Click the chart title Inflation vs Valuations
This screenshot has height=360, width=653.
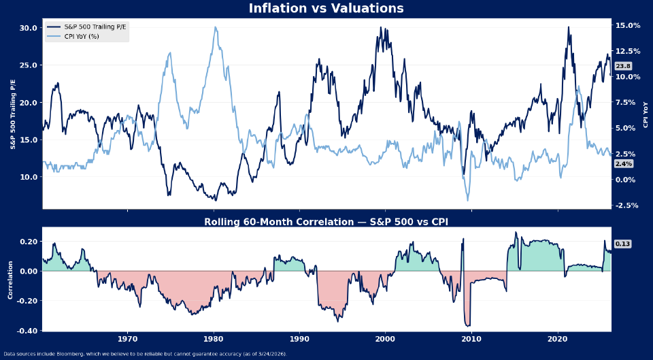[x=326, y=9]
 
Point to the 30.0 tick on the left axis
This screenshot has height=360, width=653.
[x=29, y=29]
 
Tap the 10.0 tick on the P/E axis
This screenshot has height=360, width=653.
[x=29, y=177]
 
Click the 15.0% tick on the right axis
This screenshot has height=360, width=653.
[x=627, y=26]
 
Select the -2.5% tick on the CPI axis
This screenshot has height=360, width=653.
[x=627, y=206]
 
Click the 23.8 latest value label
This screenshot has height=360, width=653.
[x=623, y=66]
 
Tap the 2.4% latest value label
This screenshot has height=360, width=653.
[x=623, y=164]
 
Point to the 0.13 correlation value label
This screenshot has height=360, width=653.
[x=622, y=244]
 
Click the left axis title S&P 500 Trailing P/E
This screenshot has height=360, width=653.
[x=12, y=114]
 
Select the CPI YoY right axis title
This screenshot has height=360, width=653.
[x=646, y=114]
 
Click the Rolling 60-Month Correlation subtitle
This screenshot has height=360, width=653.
[x=326, y=222]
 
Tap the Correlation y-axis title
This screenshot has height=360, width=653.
[x=10, y=279]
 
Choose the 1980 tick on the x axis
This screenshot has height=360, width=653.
[x=214, y=339]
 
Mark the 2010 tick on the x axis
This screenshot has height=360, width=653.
[x=471, y=339]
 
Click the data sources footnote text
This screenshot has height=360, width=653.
[x=145, y=354]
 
